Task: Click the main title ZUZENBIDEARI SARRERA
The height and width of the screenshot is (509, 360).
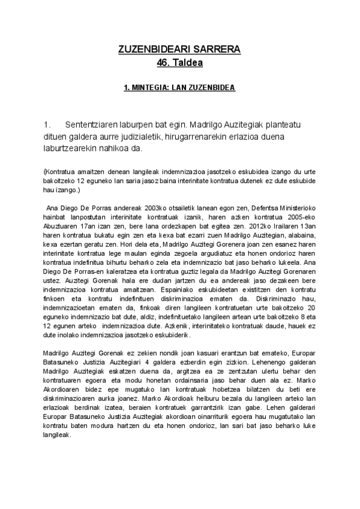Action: pyautogui.click(x=179, y=50)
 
